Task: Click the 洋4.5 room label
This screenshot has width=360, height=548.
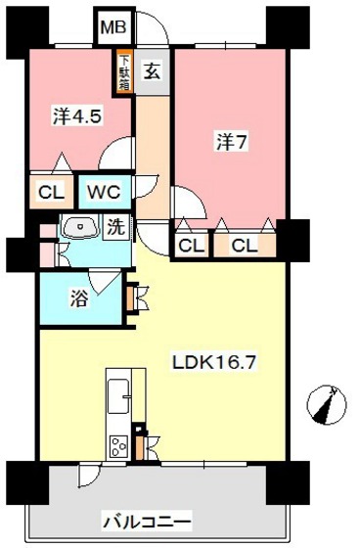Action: point(77,114)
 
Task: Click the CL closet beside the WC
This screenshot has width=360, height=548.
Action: point(51,191)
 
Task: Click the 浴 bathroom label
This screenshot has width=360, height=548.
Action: point(78,298)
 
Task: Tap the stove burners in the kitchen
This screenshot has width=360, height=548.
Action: point(119,446)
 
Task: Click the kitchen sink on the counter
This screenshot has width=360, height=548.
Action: point(119,395)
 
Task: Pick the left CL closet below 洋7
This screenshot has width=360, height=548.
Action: point(191,245)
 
